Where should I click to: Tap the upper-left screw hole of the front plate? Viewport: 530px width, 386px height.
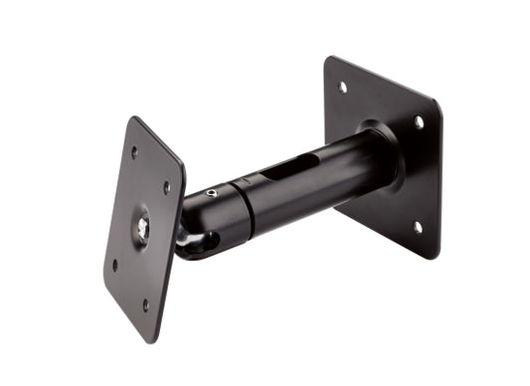pos(133,152)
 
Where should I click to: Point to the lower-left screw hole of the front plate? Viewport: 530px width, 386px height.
pos(115,265)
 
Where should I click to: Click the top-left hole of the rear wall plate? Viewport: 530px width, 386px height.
pos(343,87)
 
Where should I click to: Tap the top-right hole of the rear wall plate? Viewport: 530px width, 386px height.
pos(419,121)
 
